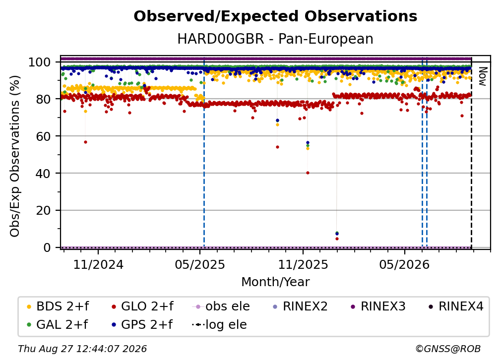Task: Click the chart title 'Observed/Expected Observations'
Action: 275,16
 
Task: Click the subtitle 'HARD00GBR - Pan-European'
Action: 275,39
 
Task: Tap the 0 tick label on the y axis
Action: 47,247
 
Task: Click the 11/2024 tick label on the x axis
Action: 98,264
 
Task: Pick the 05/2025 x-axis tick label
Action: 200,264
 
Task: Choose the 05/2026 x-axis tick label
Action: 405,264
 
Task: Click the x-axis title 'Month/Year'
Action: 275,282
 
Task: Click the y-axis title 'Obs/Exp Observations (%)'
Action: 15,156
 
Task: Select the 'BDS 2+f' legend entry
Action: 58,306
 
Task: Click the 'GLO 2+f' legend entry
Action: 142,306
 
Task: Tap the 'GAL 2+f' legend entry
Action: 58,325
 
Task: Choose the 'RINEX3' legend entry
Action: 378,306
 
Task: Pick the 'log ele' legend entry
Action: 219,325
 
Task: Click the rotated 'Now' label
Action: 483,76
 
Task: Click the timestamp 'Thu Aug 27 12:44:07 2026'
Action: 82,349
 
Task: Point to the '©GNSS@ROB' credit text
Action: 448,349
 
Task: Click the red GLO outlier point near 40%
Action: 308,173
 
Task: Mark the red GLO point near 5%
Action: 337,239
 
